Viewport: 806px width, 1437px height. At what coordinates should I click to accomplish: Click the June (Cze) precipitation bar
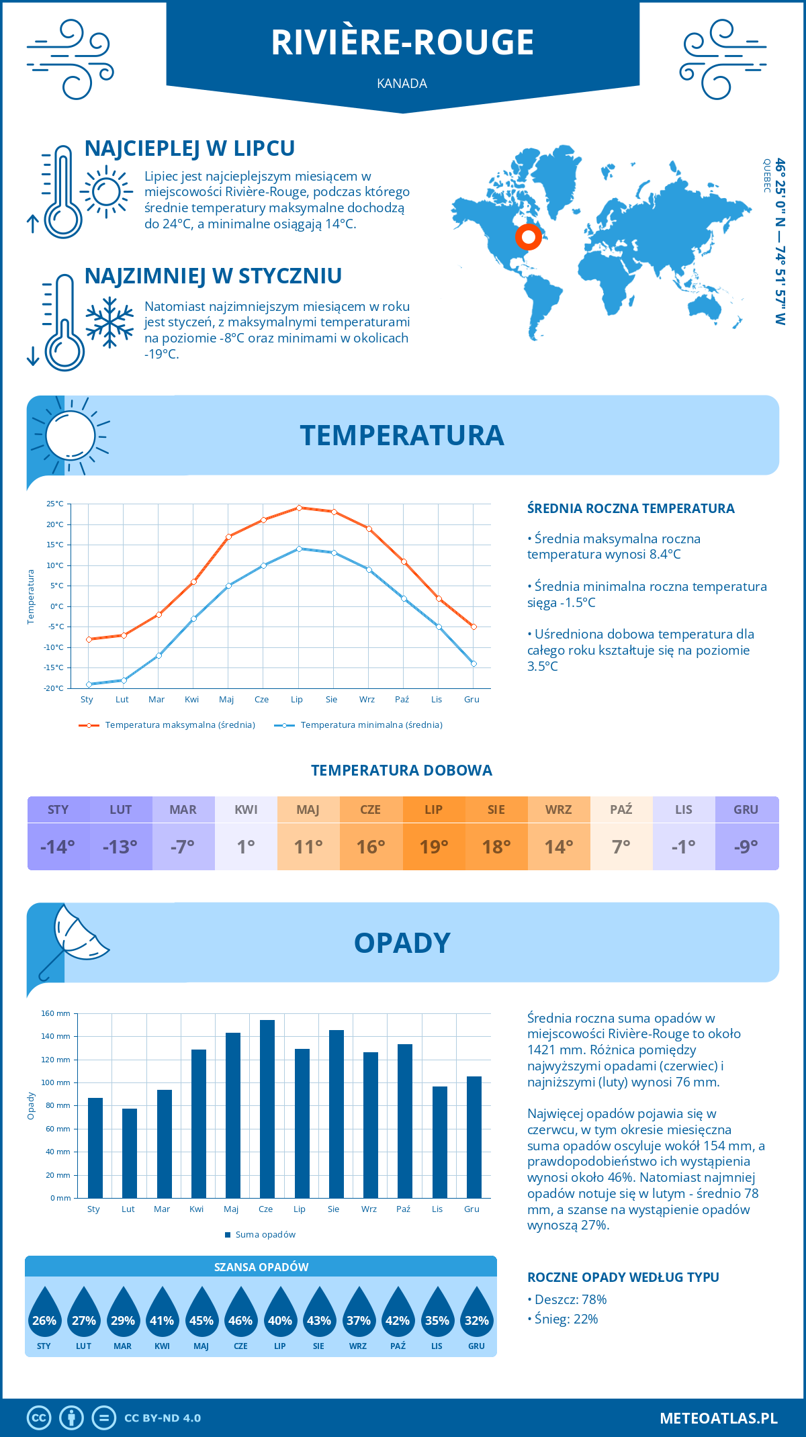[x=267, y=1109]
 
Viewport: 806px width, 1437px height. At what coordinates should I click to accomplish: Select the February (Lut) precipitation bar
[x=130, y=1153]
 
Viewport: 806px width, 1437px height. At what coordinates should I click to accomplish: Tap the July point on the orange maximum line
[x=299, y=508]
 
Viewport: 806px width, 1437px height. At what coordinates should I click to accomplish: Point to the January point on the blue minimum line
[x=89, y=684]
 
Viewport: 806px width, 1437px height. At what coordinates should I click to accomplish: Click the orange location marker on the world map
[x=529, y=237]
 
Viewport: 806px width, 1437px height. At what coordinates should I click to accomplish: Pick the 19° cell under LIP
[x=433, y=847]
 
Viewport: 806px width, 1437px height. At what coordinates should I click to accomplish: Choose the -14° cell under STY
[x=58, y=847]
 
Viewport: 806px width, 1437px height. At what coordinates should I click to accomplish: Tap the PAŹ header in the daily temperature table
[x=621, y=810]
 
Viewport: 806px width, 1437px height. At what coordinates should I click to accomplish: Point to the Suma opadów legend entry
[x=265, y=1234]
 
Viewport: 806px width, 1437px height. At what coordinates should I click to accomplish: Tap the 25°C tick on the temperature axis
[x=55, y=504]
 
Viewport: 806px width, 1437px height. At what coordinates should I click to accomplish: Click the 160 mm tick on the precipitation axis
[x=56, y=1013]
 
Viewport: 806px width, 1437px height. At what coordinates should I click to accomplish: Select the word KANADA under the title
[x=402, y=83]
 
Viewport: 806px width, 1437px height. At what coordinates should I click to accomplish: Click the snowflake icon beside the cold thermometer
[x=109, y=322]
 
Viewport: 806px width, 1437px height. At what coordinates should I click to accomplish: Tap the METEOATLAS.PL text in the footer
[x=718, y=1418]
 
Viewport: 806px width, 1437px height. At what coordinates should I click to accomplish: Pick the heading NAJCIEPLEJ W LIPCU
[x=189, y=148]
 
